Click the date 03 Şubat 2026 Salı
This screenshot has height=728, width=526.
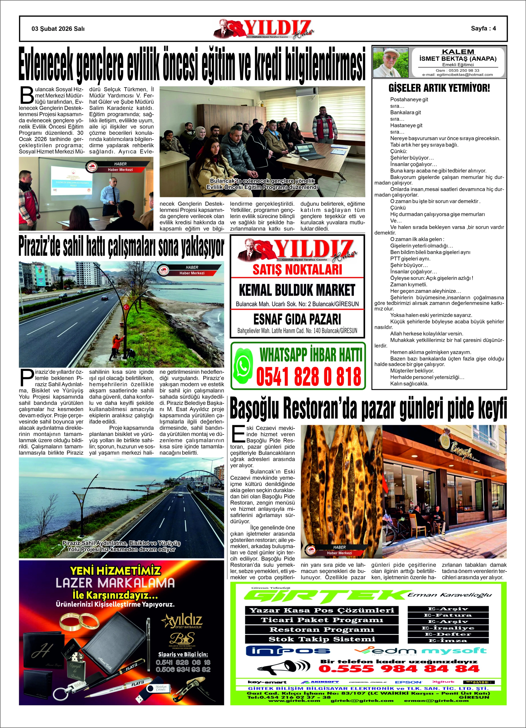[58, 29]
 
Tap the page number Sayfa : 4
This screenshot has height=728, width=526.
[483, 28]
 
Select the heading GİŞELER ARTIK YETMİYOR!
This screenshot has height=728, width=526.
[439, 88]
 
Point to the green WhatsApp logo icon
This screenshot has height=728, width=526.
[243, 365]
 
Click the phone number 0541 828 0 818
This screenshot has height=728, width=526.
[309, 376]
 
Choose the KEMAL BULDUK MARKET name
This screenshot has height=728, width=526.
[297, 290]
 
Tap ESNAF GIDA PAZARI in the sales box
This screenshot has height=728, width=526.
[297, 319]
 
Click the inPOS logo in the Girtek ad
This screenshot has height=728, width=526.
[288, 651]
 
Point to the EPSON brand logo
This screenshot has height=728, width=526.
[408, 682]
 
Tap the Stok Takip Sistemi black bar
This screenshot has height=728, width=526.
[321, 639]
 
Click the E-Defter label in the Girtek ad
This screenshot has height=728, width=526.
[448, 634]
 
